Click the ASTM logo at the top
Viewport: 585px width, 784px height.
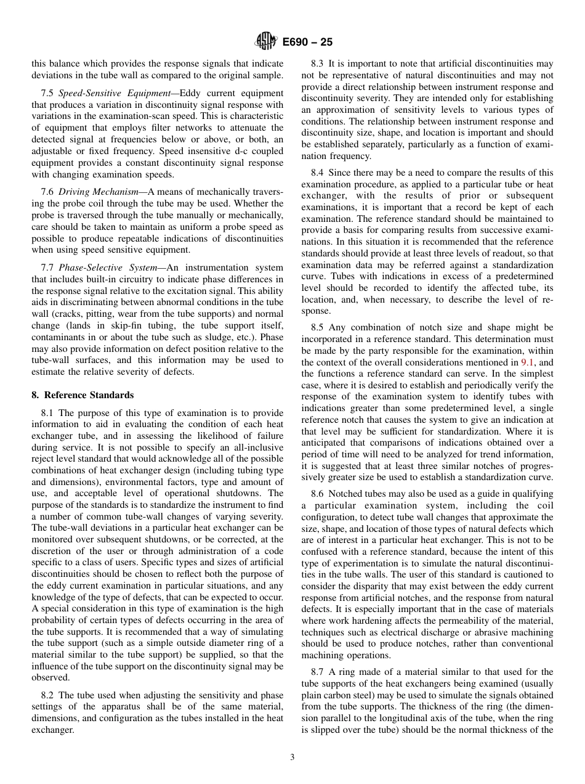pyautogui.click(x=265, y=41)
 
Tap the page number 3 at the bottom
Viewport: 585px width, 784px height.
pyautogui.click(x=292, y=757)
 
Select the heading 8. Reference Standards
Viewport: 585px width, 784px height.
pyautogui.click(x=83, y=395)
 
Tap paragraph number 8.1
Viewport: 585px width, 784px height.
pyautogui.click(x=49, y=413)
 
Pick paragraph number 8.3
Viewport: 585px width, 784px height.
pyautogui.click(x=318, y=63)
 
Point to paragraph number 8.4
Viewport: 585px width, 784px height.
pyautogui.click(x=318, y=173)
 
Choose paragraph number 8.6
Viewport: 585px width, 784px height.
pyautogui.click(x=318, y=494)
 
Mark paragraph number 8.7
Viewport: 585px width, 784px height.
pyautogui.click(x=318, y=672)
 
